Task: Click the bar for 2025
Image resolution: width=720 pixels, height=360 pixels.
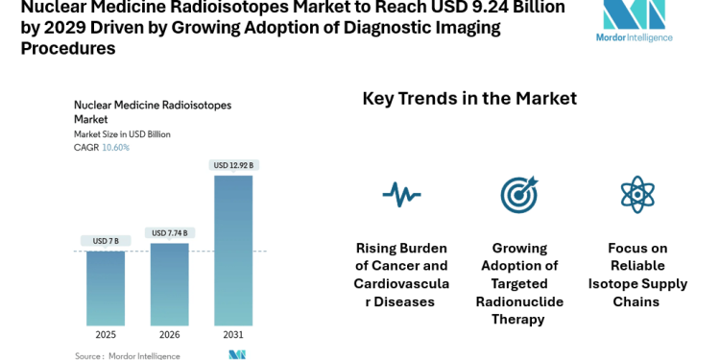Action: pyautogui.click(x=106, y=288)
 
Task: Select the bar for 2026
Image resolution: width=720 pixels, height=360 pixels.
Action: pyautogui.click(x=170, y=284)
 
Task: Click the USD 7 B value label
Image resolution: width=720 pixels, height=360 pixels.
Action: pyautogui.click(x=106, y=240)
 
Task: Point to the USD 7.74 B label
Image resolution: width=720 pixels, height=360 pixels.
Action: pyautogui.click(x=170, y=232)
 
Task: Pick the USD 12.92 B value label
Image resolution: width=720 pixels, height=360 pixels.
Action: pyautogui.click(x=234, y=165)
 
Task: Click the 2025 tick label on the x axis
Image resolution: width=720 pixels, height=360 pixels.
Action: pyautogui.click(x=106, y=336)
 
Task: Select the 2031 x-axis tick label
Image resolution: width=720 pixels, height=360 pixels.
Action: pyautogui.click(x=234, y=336)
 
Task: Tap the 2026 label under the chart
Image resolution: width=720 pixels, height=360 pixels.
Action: pyautogui.click(x=170, y=336)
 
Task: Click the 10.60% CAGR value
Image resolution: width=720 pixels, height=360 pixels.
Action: pyautogui.click(x=115, y=148)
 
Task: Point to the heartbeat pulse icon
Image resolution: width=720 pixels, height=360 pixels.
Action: pyautogui.click(x=401, y=195)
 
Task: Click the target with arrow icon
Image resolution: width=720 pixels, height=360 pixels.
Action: pyautogui.click(x=519, y=195)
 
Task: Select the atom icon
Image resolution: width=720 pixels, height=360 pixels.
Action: pyautogui.click(x=637, y=195)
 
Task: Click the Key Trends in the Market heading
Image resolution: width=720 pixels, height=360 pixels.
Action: pyautogui.click(x=469, y=99)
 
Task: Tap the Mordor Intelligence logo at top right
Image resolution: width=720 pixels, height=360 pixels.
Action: pyautogui.click(x=635, y=21)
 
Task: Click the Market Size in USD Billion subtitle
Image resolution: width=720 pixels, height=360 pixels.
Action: pyautogui.click(x=122, y=134)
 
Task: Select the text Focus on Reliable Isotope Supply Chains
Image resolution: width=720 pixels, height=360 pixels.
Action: pyautogui.click(x=637, y=275)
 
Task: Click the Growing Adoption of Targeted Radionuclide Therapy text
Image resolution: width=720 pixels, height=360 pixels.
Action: pyautogui.click(x=519, y=283)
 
